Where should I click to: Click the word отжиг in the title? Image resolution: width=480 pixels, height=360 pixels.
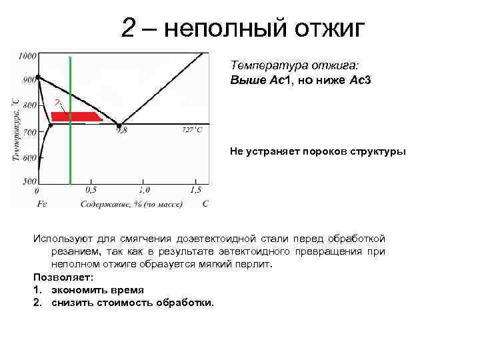326,29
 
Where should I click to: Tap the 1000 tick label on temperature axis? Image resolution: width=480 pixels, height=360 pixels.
27,56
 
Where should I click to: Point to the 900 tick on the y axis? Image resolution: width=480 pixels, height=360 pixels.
29,81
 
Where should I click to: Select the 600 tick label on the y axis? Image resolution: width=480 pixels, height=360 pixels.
29,158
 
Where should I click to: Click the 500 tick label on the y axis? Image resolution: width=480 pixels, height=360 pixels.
29,181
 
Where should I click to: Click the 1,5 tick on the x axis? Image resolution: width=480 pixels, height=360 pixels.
195,191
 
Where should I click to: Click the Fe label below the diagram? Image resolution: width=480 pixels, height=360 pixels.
41,203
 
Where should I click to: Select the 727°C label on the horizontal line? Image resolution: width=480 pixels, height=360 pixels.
192,130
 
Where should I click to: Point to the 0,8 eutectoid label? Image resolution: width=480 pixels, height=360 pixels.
121,131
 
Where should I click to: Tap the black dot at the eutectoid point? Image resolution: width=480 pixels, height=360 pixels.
119,125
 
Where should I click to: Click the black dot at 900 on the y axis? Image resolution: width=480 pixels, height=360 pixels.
39,77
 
